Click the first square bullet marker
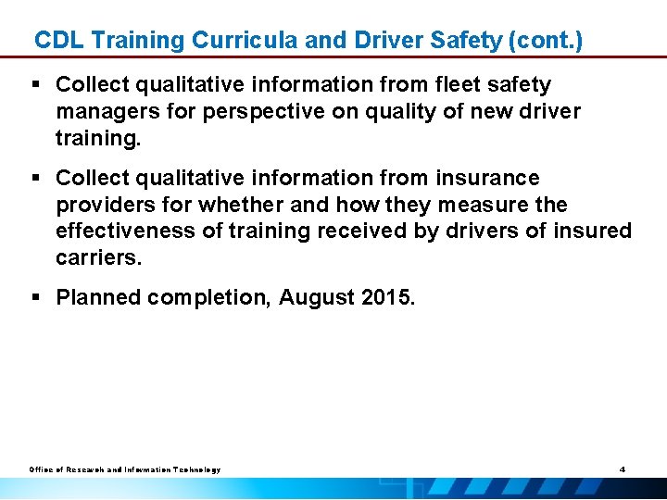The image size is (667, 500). (x=38, y=85)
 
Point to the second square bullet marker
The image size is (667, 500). (x=38, y=178)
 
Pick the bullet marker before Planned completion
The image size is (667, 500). (x=38, y=298)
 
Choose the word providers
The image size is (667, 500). (x=103, y=204)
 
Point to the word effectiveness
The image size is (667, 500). (x=125, y=230)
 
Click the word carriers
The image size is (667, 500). (x=99, y=256)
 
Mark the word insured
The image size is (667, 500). (x=592, y=230)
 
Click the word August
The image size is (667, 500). (x=318, y=298)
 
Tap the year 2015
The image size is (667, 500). (x=391, y=298)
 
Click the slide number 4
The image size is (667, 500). (x=623, y=469)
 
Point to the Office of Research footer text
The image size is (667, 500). (x=124, y=470)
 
